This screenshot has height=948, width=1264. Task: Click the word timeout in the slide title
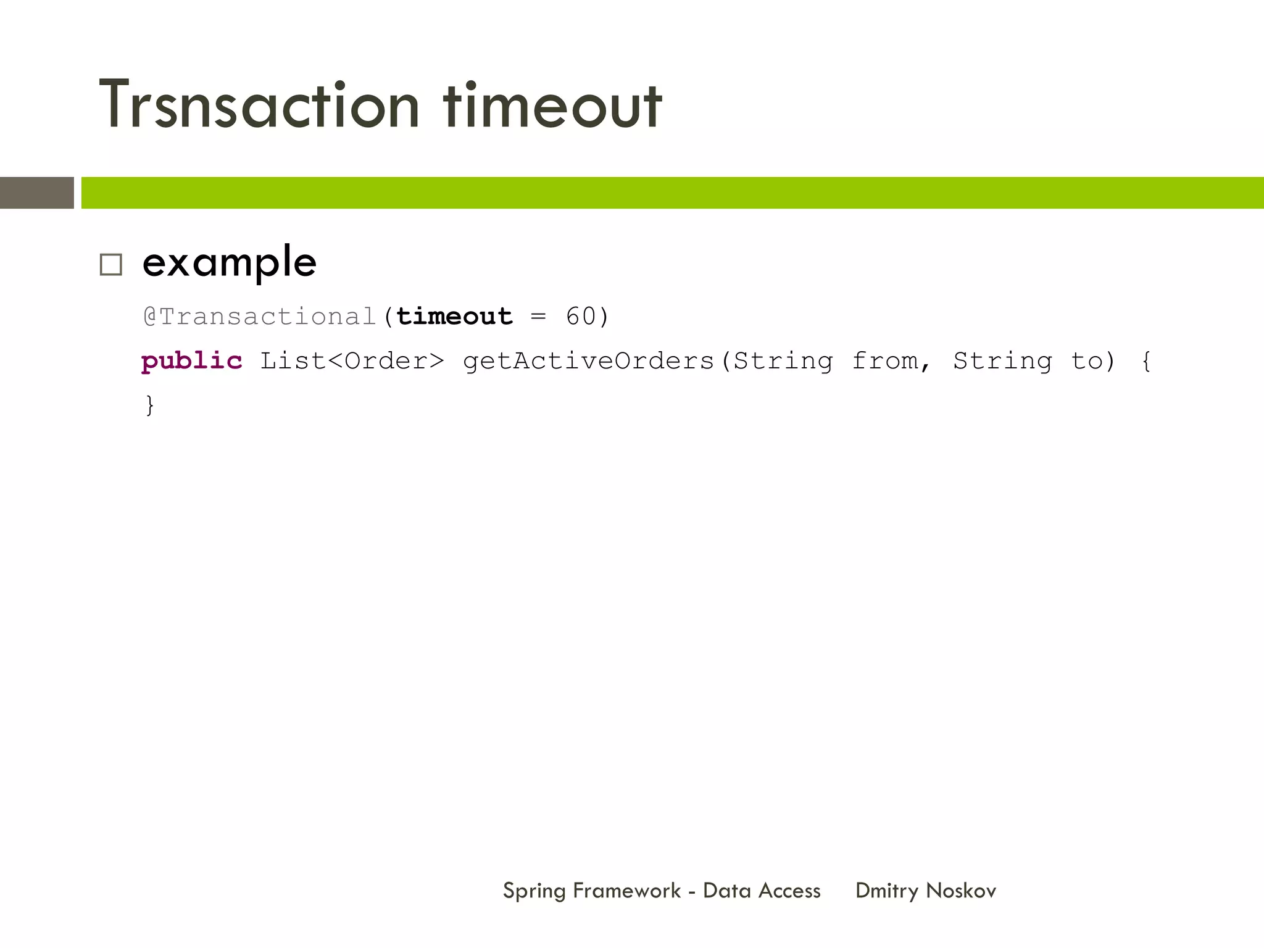point(552,105)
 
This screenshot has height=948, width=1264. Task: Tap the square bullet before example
point(111,265)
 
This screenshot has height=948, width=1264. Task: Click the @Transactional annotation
point(260,317)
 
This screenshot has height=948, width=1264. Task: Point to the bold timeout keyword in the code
point(454,317)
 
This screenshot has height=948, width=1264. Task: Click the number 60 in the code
point(581,317)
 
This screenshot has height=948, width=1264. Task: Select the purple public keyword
point(191,361)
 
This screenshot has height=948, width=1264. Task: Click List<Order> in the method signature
point(352,361)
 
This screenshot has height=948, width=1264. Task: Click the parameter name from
point(885,361)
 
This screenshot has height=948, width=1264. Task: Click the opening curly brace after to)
point(1146,361)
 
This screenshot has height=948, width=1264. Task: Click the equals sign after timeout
point(538,317)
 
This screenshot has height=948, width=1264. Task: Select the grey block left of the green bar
point(37,193)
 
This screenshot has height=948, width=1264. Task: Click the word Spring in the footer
point(534,891)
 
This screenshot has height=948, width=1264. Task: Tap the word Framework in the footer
point(626,891)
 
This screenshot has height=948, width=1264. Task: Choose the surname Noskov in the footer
point(961,891)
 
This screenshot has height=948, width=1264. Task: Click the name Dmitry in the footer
point(887,891)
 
